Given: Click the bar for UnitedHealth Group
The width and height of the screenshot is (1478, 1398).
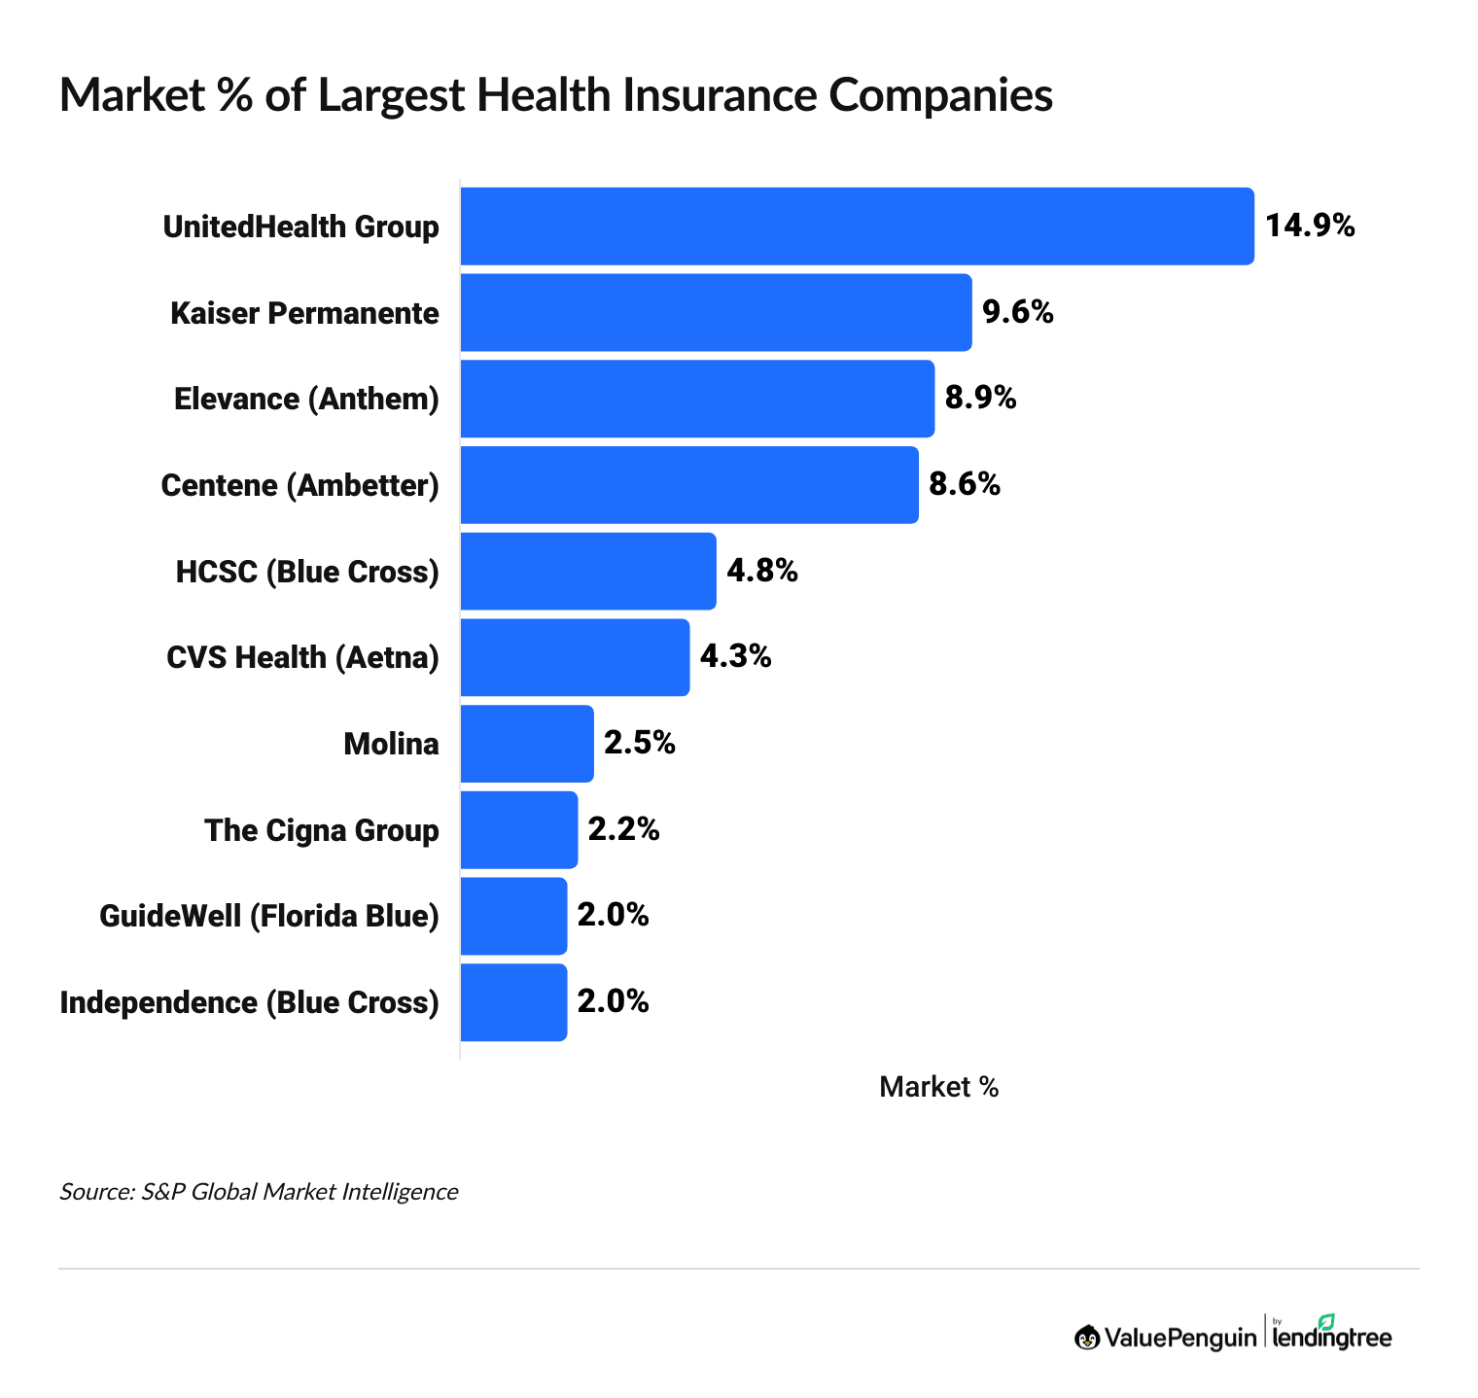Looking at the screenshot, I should click(x=857, y=226).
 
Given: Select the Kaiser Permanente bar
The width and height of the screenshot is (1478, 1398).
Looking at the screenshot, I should click(x=716, y=312).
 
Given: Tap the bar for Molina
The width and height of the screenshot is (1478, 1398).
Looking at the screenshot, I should click(x=526, y=744).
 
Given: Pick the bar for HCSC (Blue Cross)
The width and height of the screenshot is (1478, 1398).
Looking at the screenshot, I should click(x=587, y=571).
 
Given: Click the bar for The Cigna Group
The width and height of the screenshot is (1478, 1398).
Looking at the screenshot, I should click(x=518, y=829).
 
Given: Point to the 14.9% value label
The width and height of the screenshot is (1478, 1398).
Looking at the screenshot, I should click(x=1310, y=226).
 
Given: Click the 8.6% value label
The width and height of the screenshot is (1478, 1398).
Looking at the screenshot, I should click(x=965, y=484).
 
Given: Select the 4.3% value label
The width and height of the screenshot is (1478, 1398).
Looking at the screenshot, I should click(x=736, y=657).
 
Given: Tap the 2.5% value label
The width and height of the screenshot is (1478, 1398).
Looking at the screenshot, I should click(x=640, y=744).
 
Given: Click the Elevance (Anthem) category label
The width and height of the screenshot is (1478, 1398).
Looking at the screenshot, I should click(x=306, y=399).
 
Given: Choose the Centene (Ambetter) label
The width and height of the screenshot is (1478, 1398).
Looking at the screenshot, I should click(x=299, y=484).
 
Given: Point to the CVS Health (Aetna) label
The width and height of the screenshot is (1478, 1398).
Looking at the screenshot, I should click(x=302, y=657).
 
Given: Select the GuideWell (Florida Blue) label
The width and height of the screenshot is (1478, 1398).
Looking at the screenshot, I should click(x=269, y=916).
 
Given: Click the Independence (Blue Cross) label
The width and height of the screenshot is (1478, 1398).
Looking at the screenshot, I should click(x=250, y=1002).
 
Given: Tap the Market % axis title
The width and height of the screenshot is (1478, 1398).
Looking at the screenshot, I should click(x=938, y=1087).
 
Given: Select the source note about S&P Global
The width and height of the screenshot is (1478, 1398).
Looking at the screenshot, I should click(x=259, y=1191).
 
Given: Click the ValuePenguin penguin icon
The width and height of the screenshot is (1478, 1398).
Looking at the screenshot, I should click(x=1087, y=1338).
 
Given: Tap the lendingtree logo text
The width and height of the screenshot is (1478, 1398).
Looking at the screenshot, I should click(x=1333, y=1338).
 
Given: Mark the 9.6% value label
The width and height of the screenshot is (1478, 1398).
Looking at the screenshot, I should click(x=1017, y=312).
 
